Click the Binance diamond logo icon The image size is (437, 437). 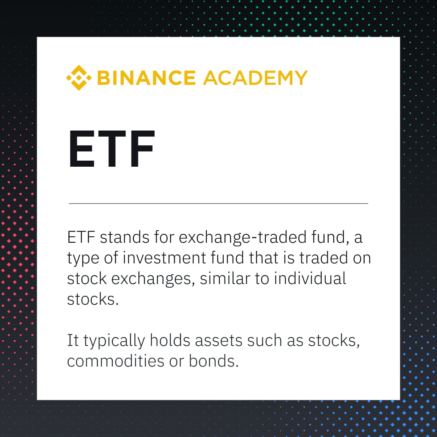tap(79, 78)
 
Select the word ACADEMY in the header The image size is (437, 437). tap(255, 78)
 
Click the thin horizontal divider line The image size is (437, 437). tap(218, 203)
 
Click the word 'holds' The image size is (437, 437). tap(170, 340)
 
